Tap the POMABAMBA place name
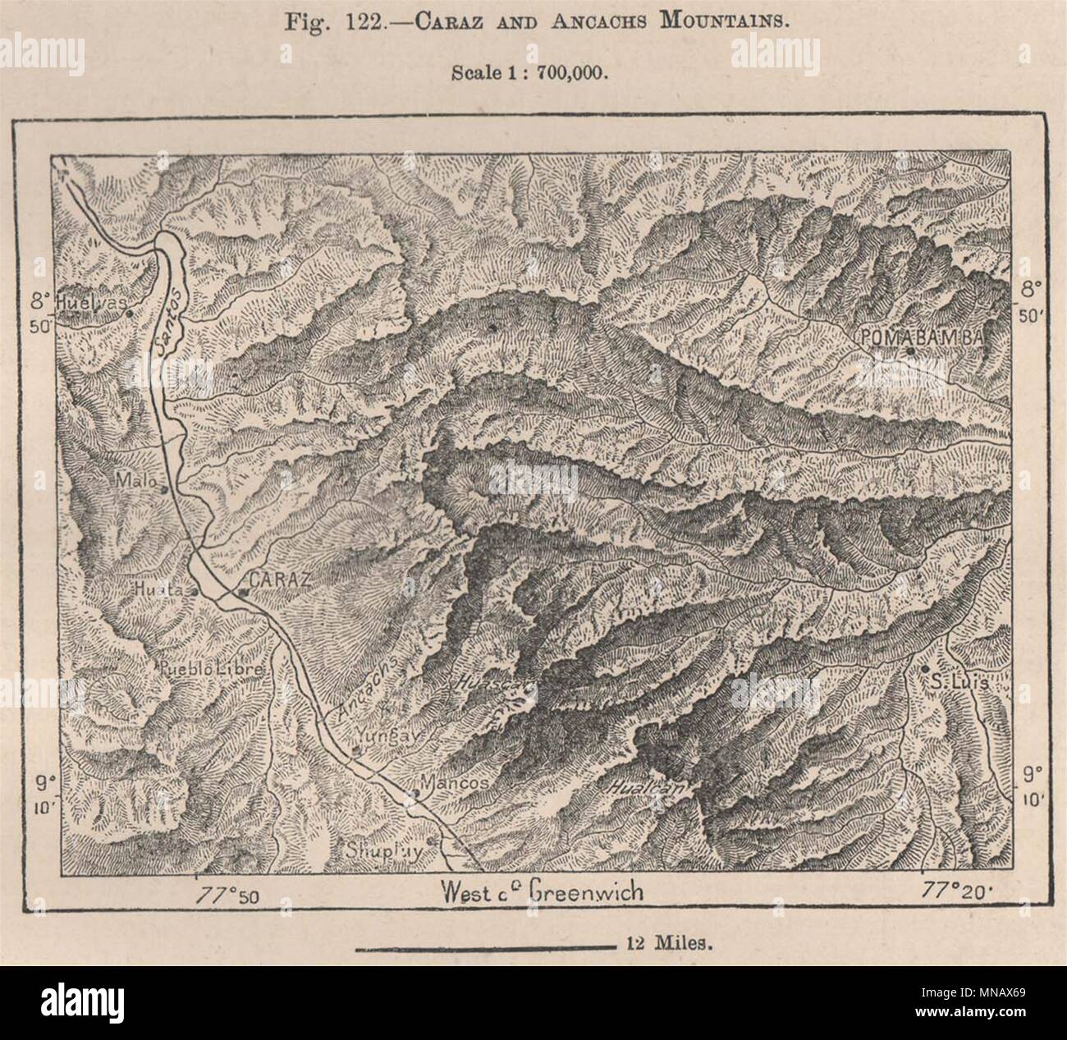tap(923, 337)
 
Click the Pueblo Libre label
tap(213, 669)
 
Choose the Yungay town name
tap(388, 736)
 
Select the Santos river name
tap(166, 320)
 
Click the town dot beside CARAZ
tap(241, 590)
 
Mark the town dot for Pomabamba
tap(910, 351)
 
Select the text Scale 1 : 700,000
tap(529, 72)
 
